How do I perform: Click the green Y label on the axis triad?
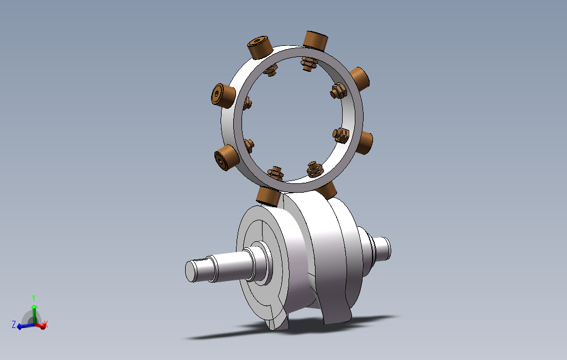(x=34, y=298)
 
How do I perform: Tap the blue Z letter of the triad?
(x=14, y=324)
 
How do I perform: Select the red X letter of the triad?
(x=45, y=324)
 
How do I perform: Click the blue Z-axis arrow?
(x=25, y=326)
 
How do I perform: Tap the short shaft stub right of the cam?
(x=382, y=248)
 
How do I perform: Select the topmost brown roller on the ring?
(x=316, y=40)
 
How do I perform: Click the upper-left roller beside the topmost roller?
(x=260, y=47)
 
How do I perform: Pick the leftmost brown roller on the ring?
(x=223, y=96)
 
